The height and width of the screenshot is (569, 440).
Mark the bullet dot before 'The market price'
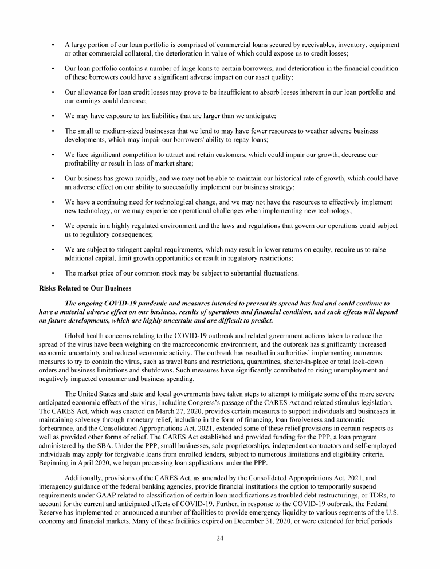(53, 273)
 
